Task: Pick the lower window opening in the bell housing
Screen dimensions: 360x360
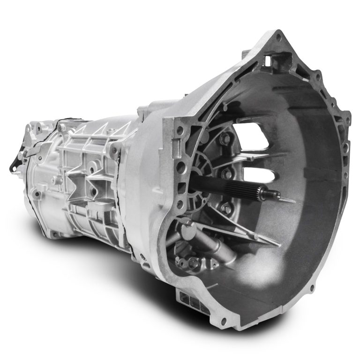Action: (x=259, y=176)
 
